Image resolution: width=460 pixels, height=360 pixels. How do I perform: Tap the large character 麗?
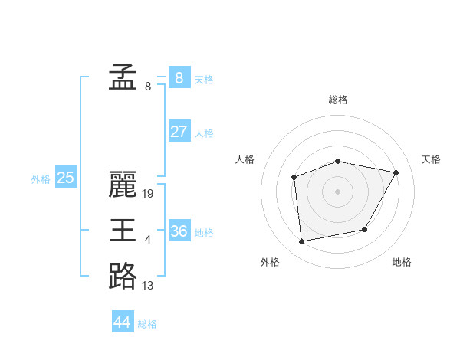(123, 185)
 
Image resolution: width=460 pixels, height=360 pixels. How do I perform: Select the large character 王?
(123, 231)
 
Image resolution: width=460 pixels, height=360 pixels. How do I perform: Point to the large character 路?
(123, 277)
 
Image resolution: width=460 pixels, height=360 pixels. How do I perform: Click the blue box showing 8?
(179, 77)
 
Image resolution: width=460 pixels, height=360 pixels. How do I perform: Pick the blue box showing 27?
(179, 131)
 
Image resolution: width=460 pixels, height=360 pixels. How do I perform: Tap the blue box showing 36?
(179, 231)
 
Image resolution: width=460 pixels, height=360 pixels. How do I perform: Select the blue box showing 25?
(65, 178)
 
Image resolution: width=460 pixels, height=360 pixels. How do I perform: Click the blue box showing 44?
(122, 322)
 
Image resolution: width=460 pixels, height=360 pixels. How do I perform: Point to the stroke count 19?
(148, 194)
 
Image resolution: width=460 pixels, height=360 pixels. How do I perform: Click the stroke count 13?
(148, 286)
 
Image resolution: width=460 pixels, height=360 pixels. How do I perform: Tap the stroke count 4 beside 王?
(148, 240)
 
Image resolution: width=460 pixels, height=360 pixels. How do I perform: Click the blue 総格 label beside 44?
(147, 324)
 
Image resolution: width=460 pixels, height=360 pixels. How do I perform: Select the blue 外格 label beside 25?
(41, 179)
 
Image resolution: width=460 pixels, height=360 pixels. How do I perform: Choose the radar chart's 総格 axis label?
(338, 100)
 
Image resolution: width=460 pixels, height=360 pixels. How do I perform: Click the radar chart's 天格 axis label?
(431, 159)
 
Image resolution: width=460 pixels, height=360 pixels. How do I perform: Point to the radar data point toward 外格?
(302, 241)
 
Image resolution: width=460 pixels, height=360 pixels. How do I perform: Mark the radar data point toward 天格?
(396, 172)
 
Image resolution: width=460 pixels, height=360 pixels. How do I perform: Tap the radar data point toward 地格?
(365, 229)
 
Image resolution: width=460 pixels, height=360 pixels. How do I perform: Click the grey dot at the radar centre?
(337, 191)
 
